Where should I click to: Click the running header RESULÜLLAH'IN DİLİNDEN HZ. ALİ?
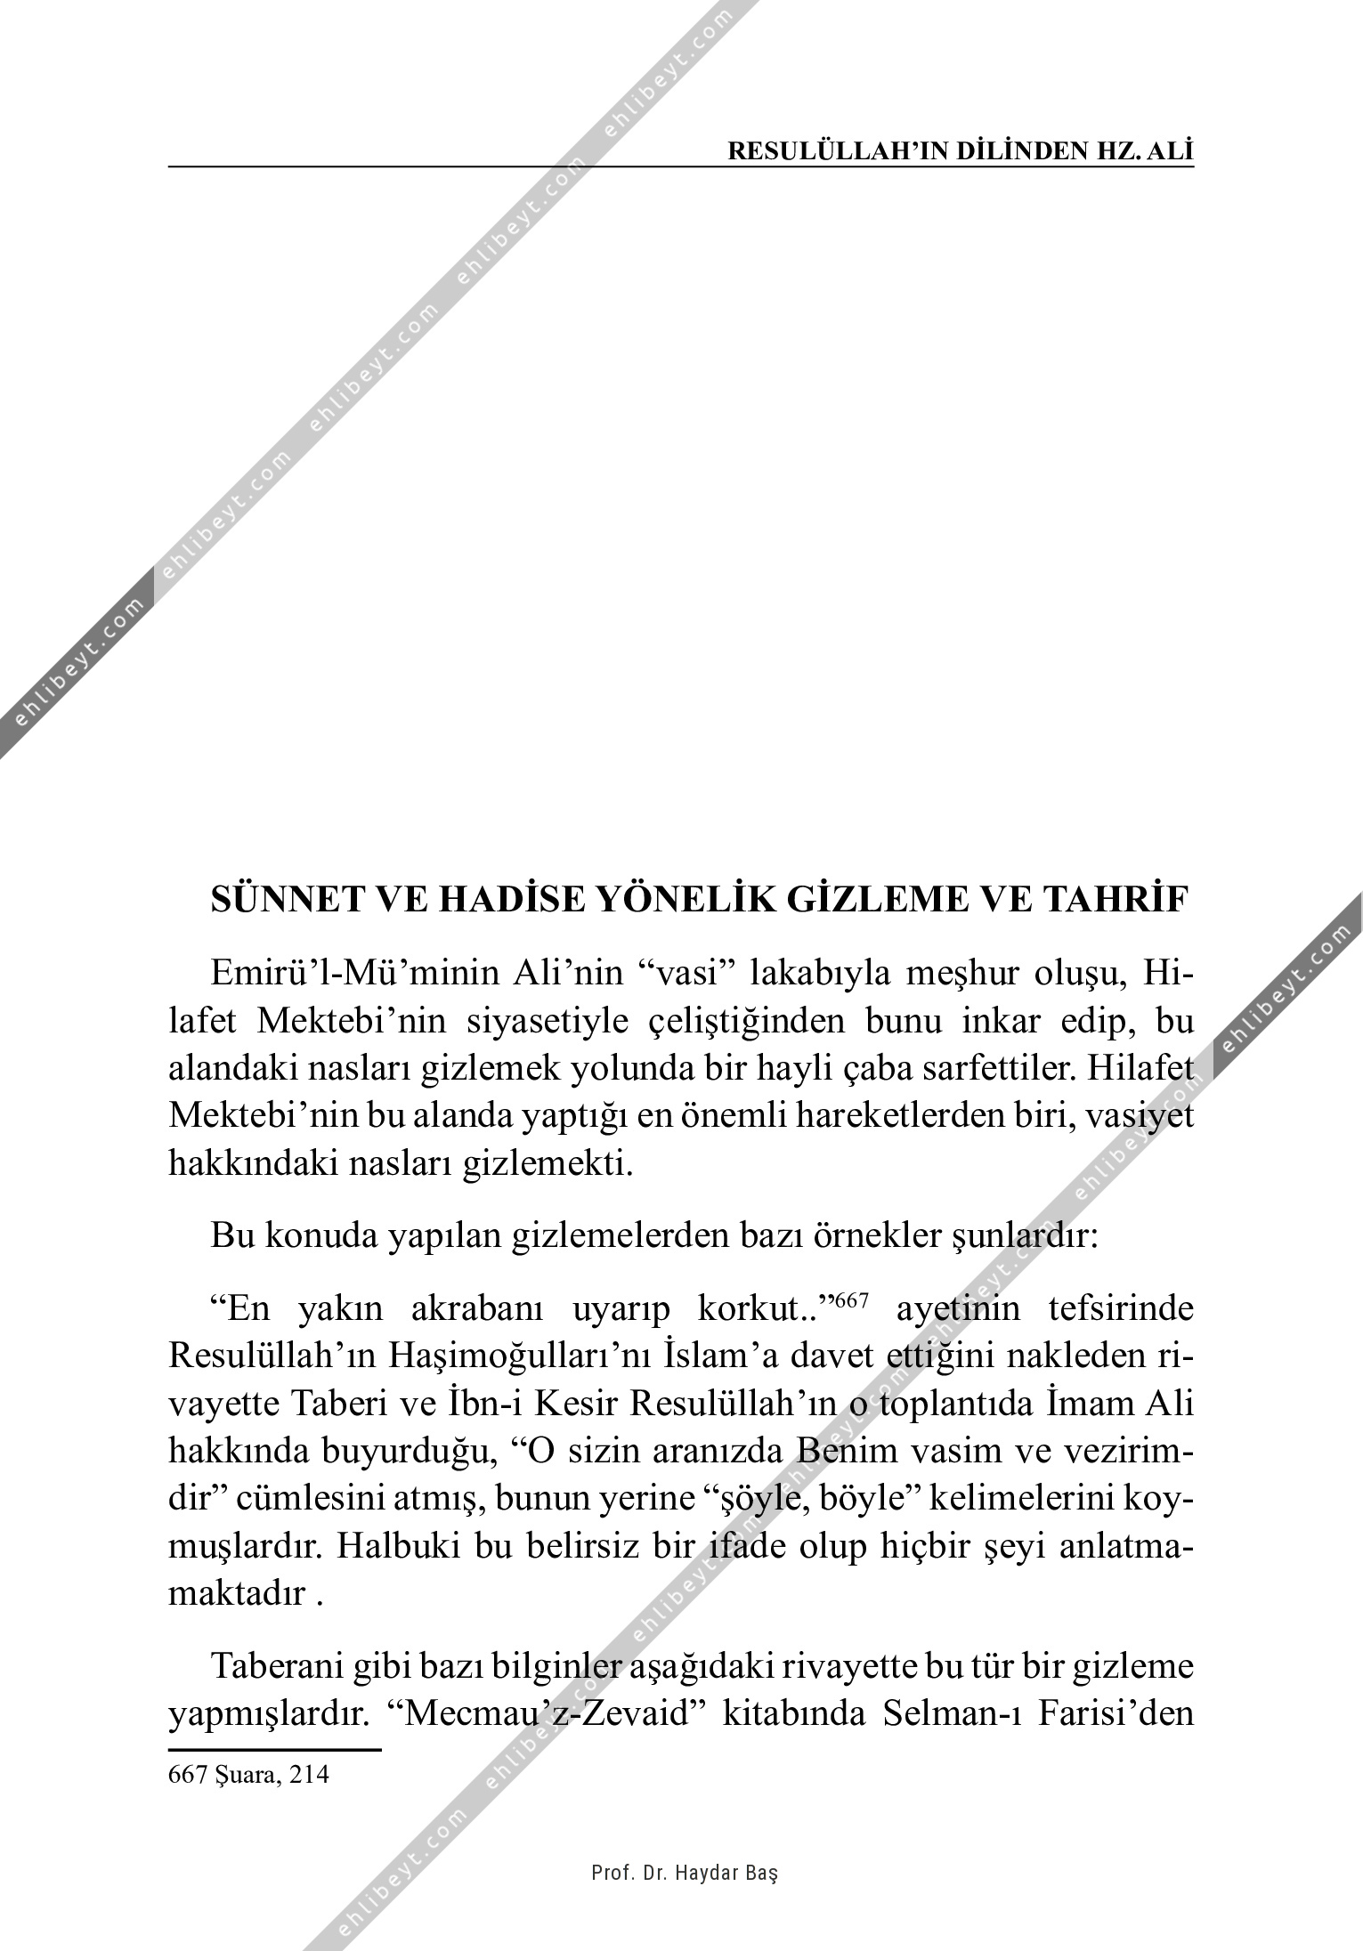[x=961, y=150]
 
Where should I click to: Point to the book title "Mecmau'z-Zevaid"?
[x=548, y=1713]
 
